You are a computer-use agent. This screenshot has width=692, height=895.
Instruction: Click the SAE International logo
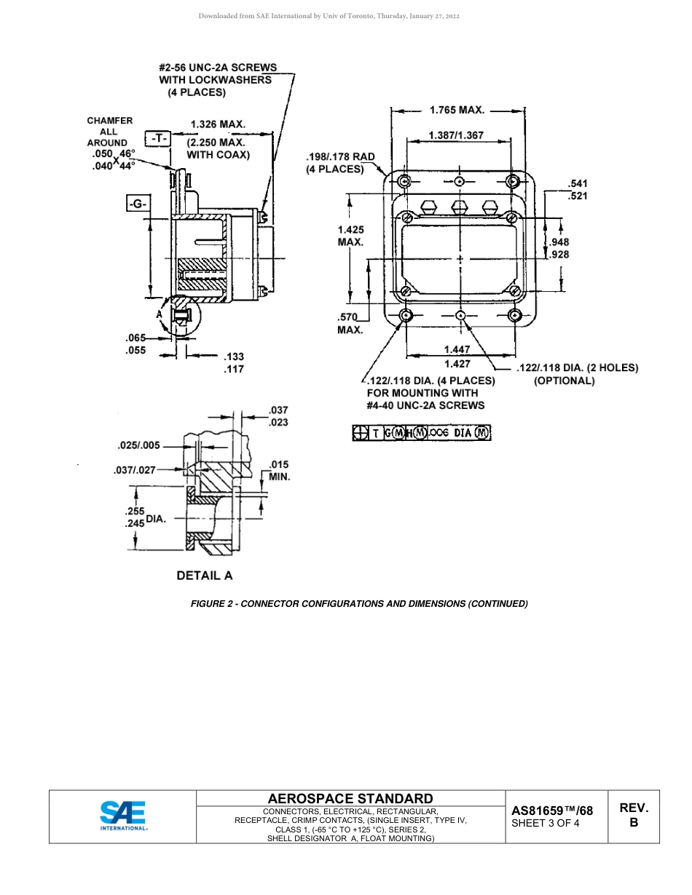[123, 816]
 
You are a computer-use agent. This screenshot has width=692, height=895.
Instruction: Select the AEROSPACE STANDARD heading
[350, 798]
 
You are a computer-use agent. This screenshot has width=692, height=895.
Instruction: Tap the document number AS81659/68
[551, 811]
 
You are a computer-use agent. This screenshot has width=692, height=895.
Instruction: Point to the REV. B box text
[633, 816]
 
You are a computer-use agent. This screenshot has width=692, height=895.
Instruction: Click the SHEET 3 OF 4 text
[546, 824]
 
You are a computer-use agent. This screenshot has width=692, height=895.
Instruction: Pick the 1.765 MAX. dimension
[457, 110]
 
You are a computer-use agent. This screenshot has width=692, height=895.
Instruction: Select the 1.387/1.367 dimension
[456, 135]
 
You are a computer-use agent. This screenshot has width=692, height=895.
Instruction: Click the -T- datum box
[158, 138]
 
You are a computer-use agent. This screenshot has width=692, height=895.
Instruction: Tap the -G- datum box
[138, 204]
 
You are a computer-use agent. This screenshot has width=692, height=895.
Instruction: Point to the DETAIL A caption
[205, 576]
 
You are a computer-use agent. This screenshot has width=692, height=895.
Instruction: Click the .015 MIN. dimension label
[279, 470]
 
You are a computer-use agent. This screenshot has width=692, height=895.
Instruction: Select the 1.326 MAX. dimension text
[218, 124]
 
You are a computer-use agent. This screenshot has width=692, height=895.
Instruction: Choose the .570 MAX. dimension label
[350, 324]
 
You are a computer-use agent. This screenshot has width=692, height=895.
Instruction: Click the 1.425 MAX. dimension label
[350, 235]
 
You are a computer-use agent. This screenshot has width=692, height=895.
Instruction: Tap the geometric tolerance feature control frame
[422, 433]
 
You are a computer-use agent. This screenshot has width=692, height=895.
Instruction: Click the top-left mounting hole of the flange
[406, 180]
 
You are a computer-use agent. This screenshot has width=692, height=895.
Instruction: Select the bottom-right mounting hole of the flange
[515, 315]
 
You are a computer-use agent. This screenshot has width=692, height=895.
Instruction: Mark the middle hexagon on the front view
[459, 204]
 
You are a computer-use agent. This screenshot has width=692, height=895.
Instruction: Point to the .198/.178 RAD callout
[334, 163]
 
